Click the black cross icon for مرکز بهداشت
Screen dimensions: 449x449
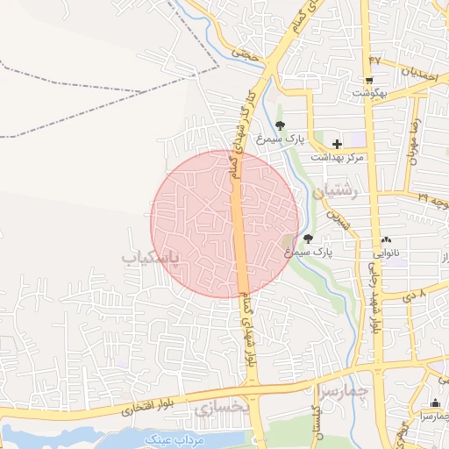click(x=336, y=144)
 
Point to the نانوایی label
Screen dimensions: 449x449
click(x=387, y=252)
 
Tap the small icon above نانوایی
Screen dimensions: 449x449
click(x=387, y=239)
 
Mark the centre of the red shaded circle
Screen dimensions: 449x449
click(x=224, y=223)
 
